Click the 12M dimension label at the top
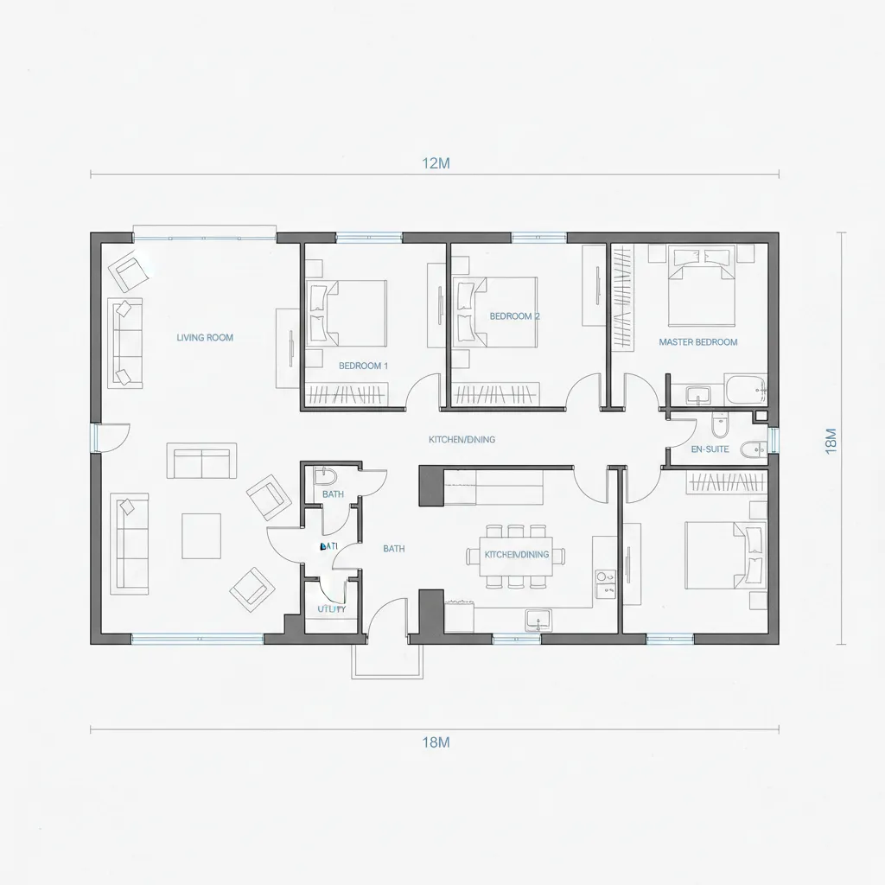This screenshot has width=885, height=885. [x=436, y=163]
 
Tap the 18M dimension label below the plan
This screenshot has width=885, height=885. [x=436, y=742]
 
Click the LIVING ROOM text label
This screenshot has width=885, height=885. [x=205, y=338]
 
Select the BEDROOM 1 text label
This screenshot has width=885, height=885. [x=363, y=366]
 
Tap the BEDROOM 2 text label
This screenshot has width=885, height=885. [x=514, y=316]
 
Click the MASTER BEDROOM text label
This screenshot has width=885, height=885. [x=697, y=342]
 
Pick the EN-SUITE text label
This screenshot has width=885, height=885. [x=710, y=449]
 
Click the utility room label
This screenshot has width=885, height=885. [x=331, y=608]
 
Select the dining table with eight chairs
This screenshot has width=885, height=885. [x=516, y=556]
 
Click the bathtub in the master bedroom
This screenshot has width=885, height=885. [x=745, y=390]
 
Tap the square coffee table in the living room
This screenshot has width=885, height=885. [x=201, y=533]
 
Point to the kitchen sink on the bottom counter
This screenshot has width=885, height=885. [x=538, y=619]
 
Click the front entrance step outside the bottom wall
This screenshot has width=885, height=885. [x=387, y=661]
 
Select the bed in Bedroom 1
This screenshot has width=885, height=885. [x=348, y=312]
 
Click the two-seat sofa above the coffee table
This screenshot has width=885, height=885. [x=204, y=462]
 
